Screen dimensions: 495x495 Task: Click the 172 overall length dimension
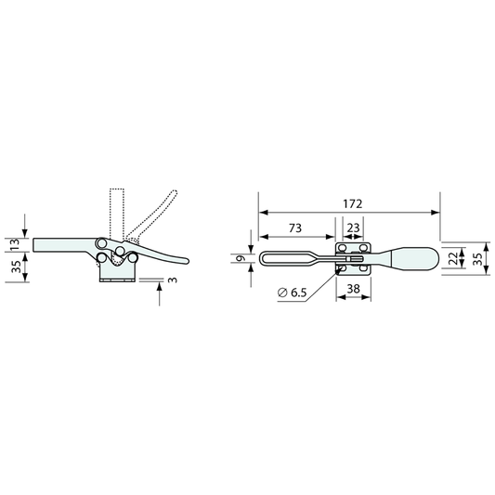pos(353,204)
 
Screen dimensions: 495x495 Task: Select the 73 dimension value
pos(295,228)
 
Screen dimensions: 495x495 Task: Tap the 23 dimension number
pos(353,228)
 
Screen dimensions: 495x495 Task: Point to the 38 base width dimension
pos(353,288)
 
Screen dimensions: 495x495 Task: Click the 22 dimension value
pos(453,258)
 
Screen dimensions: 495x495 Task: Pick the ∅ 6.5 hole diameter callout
pos(292,293)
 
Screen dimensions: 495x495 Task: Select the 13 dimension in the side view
pos(15,245)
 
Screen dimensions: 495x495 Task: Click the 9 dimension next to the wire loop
pos(241,258)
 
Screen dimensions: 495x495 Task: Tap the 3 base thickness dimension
pos(173,280)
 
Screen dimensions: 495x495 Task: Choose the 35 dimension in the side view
pos(15,267)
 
